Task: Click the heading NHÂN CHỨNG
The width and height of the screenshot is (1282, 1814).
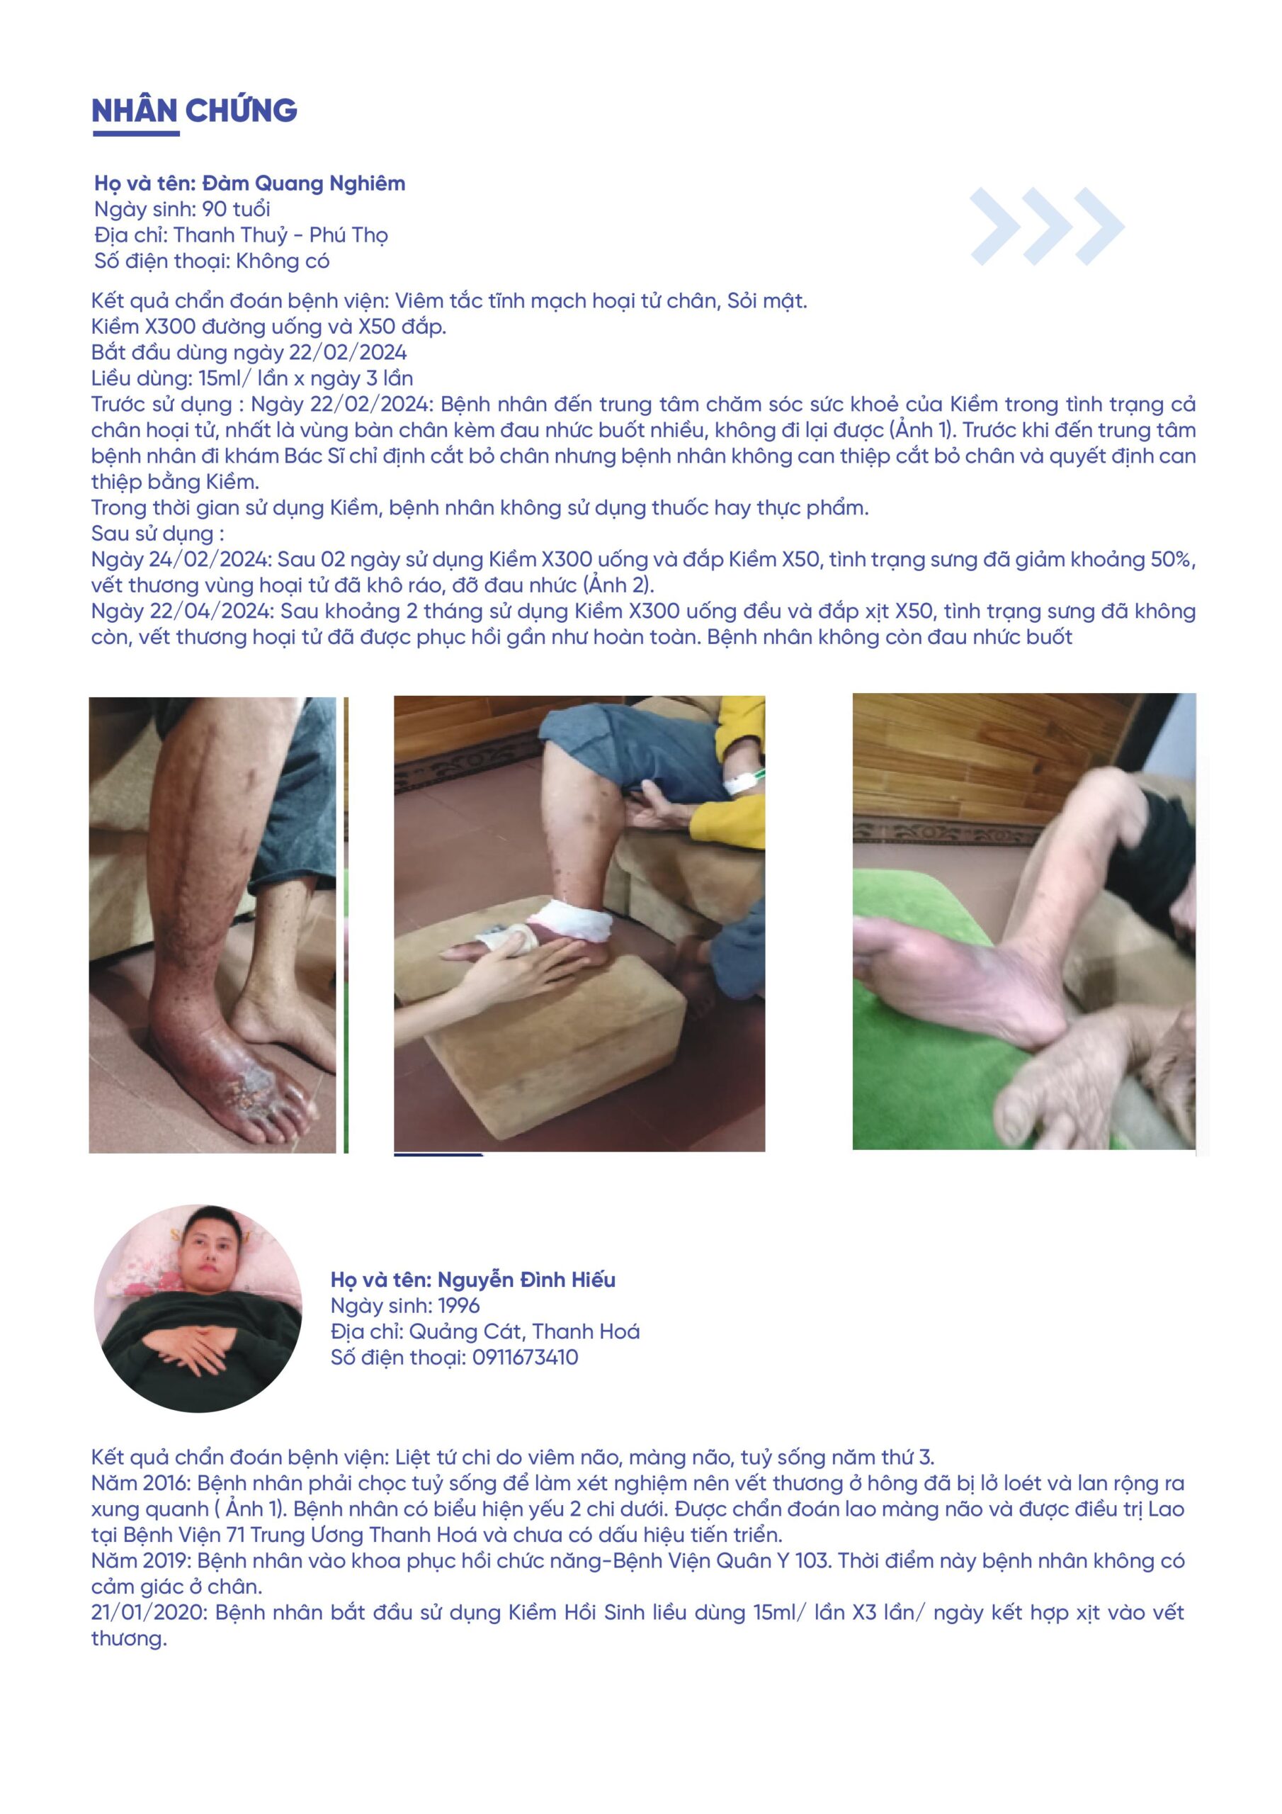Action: pos(194,111)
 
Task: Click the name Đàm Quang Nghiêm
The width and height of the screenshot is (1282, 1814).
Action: pos(304,184)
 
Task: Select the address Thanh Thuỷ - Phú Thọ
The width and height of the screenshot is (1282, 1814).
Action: pos(280,235)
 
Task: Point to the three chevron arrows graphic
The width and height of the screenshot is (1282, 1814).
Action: pos(1048,226)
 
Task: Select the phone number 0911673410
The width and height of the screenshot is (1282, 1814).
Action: pos(526,1358)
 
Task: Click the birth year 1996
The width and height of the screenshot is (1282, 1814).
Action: pos(460,1306)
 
